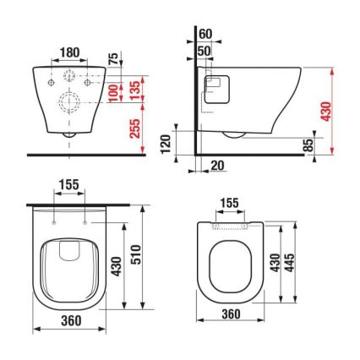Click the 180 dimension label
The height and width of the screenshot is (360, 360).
tap(70, 52)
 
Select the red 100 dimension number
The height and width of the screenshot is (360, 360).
tap(113, 90)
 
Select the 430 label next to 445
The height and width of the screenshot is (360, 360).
tap(287, 261)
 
